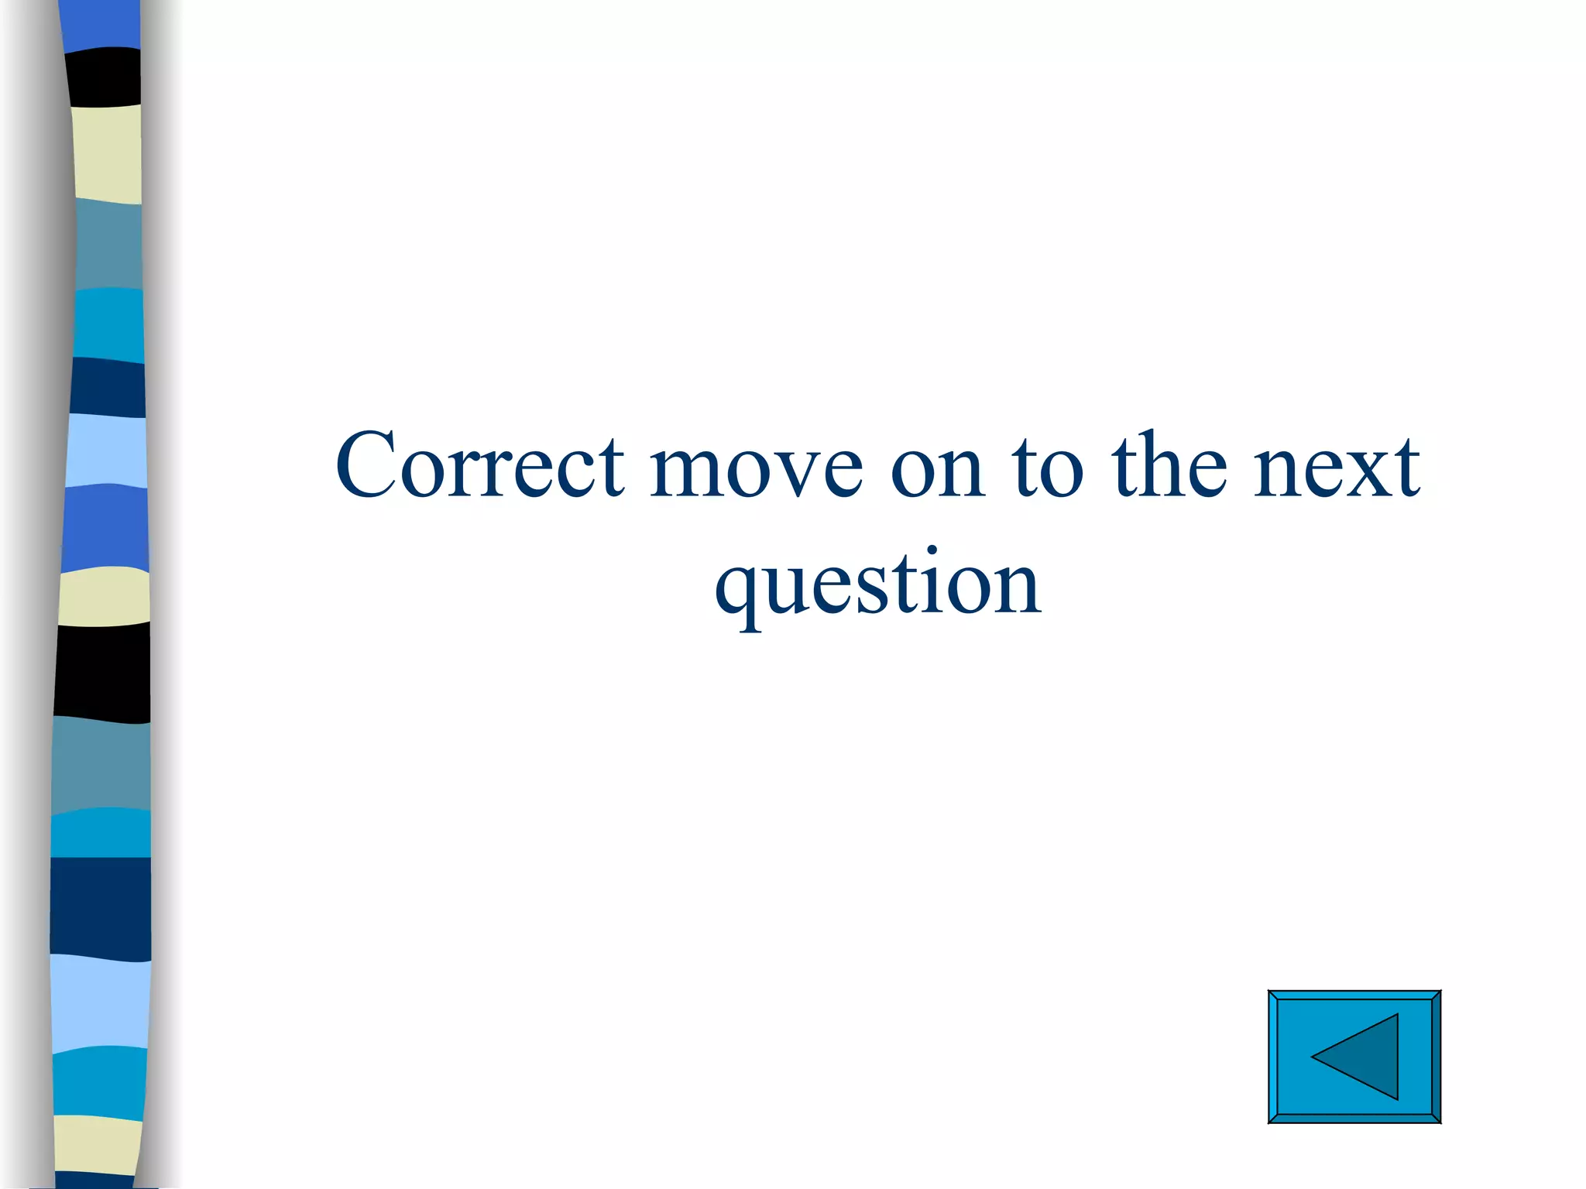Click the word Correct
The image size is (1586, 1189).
(480, 466)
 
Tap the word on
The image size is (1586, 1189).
(938, 468)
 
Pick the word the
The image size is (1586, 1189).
(1169, 466)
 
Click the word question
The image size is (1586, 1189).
(878, 584)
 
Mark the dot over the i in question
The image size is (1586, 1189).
(932, 551)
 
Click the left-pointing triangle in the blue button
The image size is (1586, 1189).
(1360, 1057)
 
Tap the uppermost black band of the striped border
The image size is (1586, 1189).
(104, 76)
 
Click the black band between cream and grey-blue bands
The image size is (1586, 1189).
(102, 671)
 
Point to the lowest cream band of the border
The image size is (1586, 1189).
(99, 1143)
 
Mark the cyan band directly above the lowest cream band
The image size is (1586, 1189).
(99, 1081)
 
